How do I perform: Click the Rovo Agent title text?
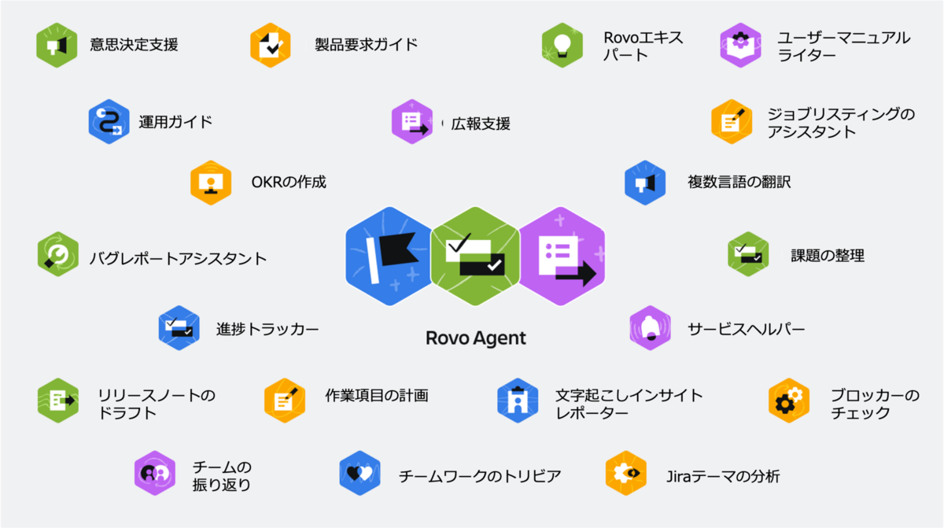[x=475, y=338]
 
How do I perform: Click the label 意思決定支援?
[x=134, y=44]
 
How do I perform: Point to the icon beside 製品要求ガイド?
[x=271, y=45]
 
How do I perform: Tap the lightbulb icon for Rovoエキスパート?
[x=562, y=45]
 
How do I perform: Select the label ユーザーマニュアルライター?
[x=843, y=46]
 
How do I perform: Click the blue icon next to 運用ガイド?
[x=109, y=121]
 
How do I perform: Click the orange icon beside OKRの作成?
[x=210, y=183]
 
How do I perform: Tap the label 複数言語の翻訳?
[x=739, y=183]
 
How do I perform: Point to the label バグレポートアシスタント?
[x=178, y=258]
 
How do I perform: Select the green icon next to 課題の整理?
[x=748, y=254]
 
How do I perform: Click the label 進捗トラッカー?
[x=267, y=329]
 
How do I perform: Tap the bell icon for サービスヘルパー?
[x=650, y=327]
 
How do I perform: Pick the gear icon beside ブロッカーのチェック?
[x=788, y=401]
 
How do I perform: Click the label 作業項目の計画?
[x=377, y=395]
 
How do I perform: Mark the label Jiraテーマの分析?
[x=722, y=475]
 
